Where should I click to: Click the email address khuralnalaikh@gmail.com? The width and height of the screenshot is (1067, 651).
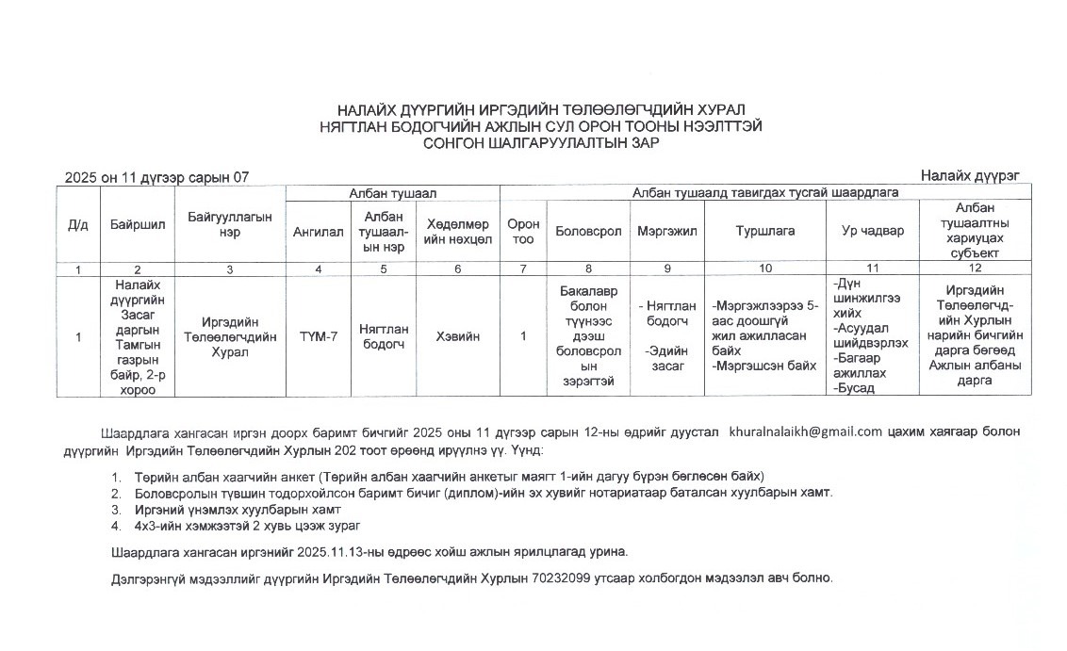click(806, 431)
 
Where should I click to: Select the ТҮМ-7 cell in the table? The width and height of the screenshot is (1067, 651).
click(318, 336)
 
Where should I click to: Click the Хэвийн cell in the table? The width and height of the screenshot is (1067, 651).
click(457, 336)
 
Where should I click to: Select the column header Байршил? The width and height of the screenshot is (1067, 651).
click(138, 225)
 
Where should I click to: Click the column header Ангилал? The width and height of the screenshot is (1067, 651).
click(318, 231)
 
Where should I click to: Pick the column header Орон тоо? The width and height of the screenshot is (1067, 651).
click(523, 231)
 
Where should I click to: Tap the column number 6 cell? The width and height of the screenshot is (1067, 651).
click(457, 269)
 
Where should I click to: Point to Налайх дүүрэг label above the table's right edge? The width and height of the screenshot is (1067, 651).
click(970, 175)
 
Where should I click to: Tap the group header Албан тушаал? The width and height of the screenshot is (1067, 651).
click(393, 192)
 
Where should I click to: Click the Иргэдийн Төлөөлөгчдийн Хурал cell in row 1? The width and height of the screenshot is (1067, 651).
click(229, 336)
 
